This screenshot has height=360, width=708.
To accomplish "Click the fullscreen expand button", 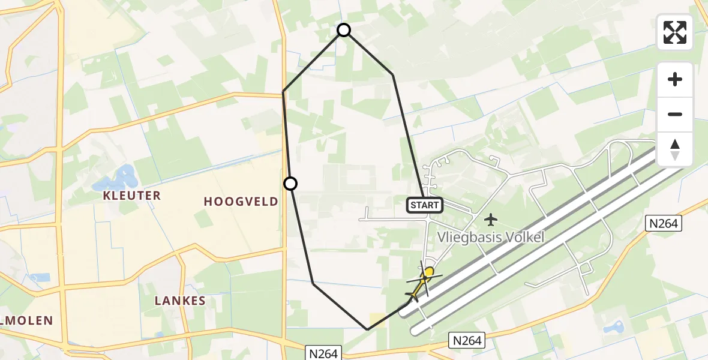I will coord(675,32).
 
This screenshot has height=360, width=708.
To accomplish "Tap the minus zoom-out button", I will coord(675,114).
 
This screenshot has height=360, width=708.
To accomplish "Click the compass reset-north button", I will coord(675,149).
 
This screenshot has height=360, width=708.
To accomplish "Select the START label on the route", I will coord(425,205).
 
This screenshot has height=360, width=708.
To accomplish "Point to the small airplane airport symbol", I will coord(491,218).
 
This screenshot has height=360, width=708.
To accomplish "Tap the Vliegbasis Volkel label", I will coord(490,237).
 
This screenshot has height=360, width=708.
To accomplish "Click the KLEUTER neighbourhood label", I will coord(131,196).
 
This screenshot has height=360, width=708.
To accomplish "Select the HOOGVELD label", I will coord(241,202).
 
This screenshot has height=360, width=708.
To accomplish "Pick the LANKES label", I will coord(180,301).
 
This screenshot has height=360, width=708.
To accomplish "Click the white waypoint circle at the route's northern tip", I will coord(344,30).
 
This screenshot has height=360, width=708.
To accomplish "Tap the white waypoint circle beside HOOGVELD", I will coord(290,184).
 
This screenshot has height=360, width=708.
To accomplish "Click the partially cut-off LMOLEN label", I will coord(26,320).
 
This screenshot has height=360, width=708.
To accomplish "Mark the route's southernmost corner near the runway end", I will coord(368,329).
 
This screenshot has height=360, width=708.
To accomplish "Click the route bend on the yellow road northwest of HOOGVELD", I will coord(283,92).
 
